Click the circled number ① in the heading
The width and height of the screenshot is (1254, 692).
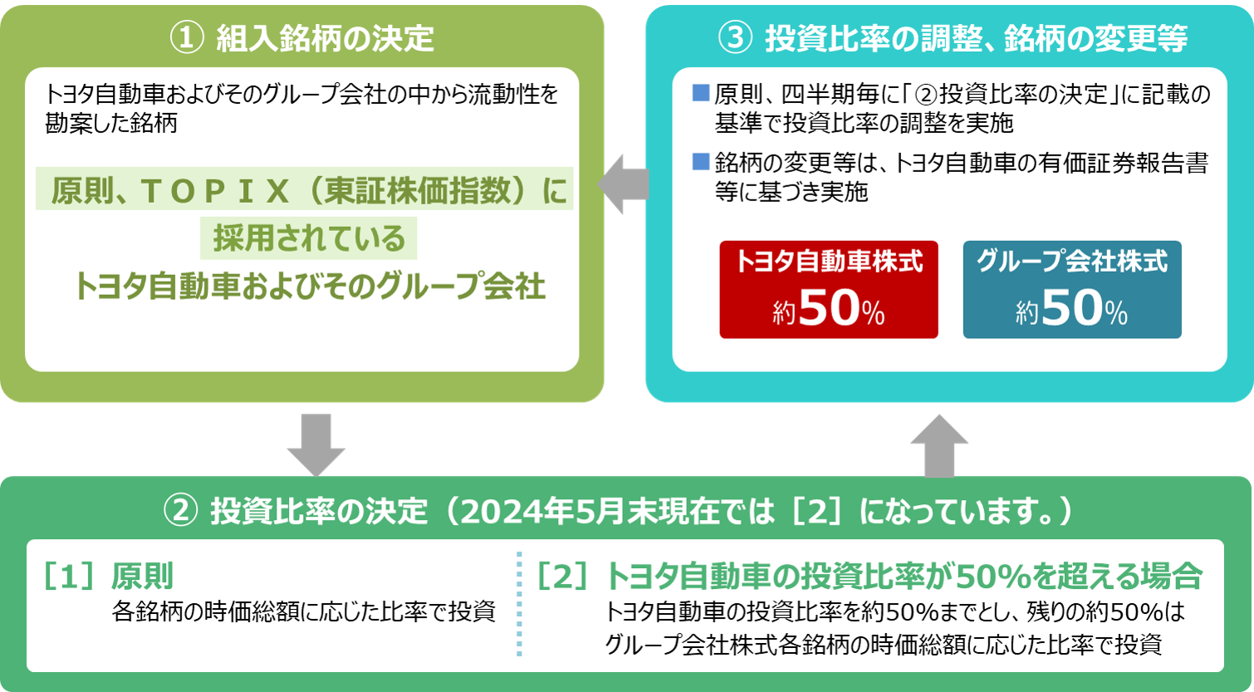(x=185, y=38)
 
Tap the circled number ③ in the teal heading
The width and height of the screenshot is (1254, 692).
(x=733, y=38)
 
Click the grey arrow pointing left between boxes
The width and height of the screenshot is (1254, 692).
(x=624, y=184)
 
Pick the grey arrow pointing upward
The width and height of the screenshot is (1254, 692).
(x=939, y=444)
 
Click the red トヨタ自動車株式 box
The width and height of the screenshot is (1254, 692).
(x=829, y=289)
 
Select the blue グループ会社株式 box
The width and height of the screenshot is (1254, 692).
(x=1071, y=289)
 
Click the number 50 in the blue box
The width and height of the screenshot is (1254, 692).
(x=1072, y=311)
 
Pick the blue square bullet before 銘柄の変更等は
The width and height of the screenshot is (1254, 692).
(x=700, y=162)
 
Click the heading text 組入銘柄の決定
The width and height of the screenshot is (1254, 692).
(x=325, y=38)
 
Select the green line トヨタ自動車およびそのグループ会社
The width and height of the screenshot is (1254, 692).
(x=309, y=287)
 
